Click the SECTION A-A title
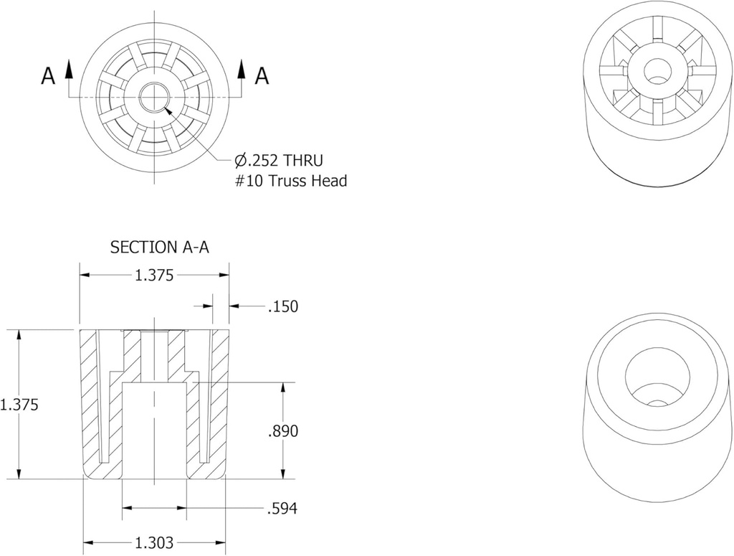click(x=159, y=248)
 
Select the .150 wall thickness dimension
click(x=282, y=307)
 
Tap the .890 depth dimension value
click(x=282, y=431)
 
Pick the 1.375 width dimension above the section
click(x=154, y=275)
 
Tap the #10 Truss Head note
click(x=291, y=181)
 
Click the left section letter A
click(x=48, y=76)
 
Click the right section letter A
click(x=262, y=76)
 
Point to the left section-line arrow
click(x=69, y=68)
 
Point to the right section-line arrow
click(x=242, y=68)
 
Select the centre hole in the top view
click(x=153, y=97)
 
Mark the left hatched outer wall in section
click(x=90, y=402)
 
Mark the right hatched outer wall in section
click(x=219, y=402)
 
